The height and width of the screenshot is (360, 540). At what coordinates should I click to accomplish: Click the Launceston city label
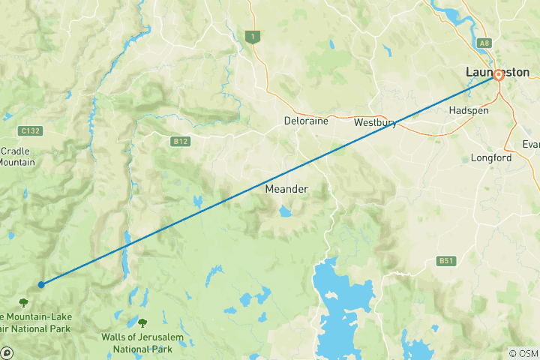[x=496, y=72]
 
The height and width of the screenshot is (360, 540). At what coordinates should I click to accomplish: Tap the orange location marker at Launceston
[x=498, y=75]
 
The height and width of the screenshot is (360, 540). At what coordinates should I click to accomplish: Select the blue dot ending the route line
[x=41, y=284]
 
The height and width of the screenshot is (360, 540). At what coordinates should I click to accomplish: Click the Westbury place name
[x=375, y=123]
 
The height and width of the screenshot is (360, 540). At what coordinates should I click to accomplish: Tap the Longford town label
[x=491, y=158]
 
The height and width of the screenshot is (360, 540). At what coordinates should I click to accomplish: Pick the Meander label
[x=286, y=189]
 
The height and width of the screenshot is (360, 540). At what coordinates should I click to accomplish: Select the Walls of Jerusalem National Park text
[x=142, y=343]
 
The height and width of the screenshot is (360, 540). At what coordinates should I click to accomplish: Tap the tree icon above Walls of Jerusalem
[x=142, y=322]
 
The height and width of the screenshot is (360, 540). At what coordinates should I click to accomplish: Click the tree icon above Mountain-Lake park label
[x=23, y=302]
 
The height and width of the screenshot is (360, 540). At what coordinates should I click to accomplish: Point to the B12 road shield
[x=179, y=140]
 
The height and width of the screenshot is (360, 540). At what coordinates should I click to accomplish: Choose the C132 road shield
[x=31, y=130]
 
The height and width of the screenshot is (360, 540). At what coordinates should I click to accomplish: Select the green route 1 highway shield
[x=254, y=37]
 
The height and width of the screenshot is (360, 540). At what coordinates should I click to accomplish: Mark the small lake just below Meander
[x=286, y=212]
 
